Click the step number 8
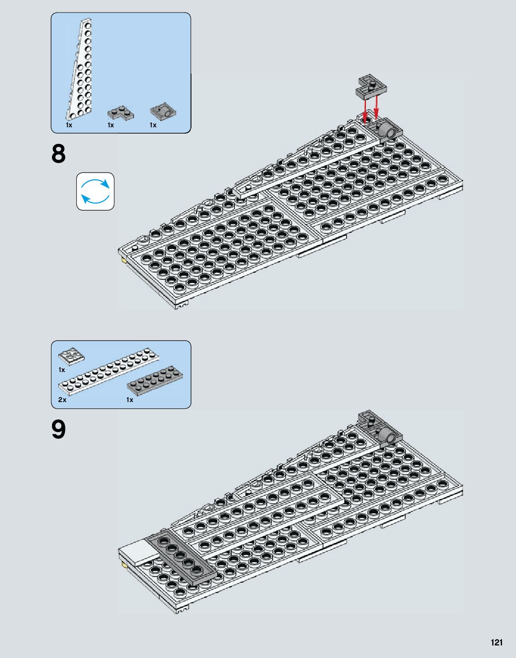[x=58, y=154]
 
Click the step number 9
[x=58, y=430]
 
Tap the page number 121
[x=497, y=642]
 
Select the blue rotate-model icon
[x=95, y=191]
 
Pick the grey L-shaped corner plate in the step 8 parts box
[x=121, y=113]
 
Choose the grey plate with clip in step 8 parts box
[x=163, y=112]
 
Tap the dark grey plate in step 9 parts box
[x=155, y=381]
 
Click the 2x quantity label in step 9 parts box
[x=62, y=400]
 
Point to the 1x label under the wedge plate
[x=69, y=125]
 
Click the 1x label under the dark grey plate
[x=130, y=400]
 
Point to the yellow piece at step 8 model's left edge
[x=123, y=260]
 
